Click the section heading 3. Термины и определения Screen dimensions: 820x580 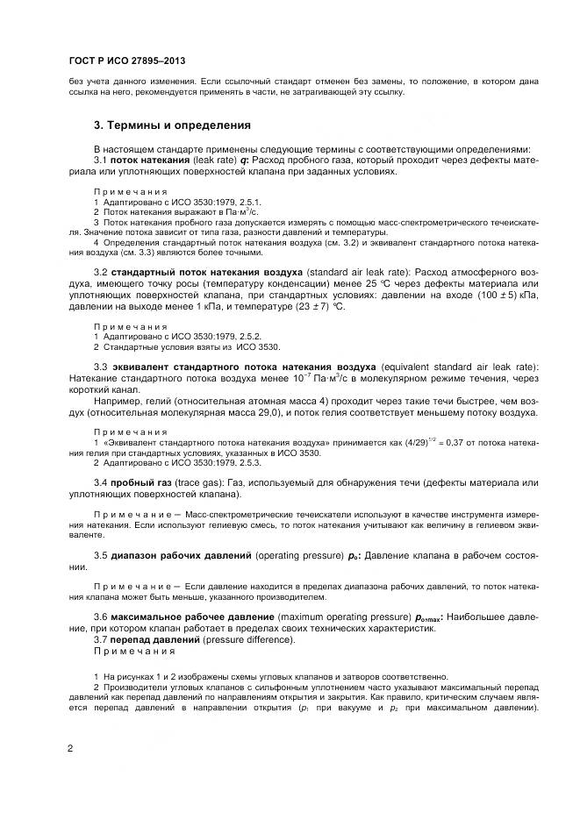pos(172,125)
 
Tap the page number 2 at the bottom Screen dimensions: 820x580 pos(69,748)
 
